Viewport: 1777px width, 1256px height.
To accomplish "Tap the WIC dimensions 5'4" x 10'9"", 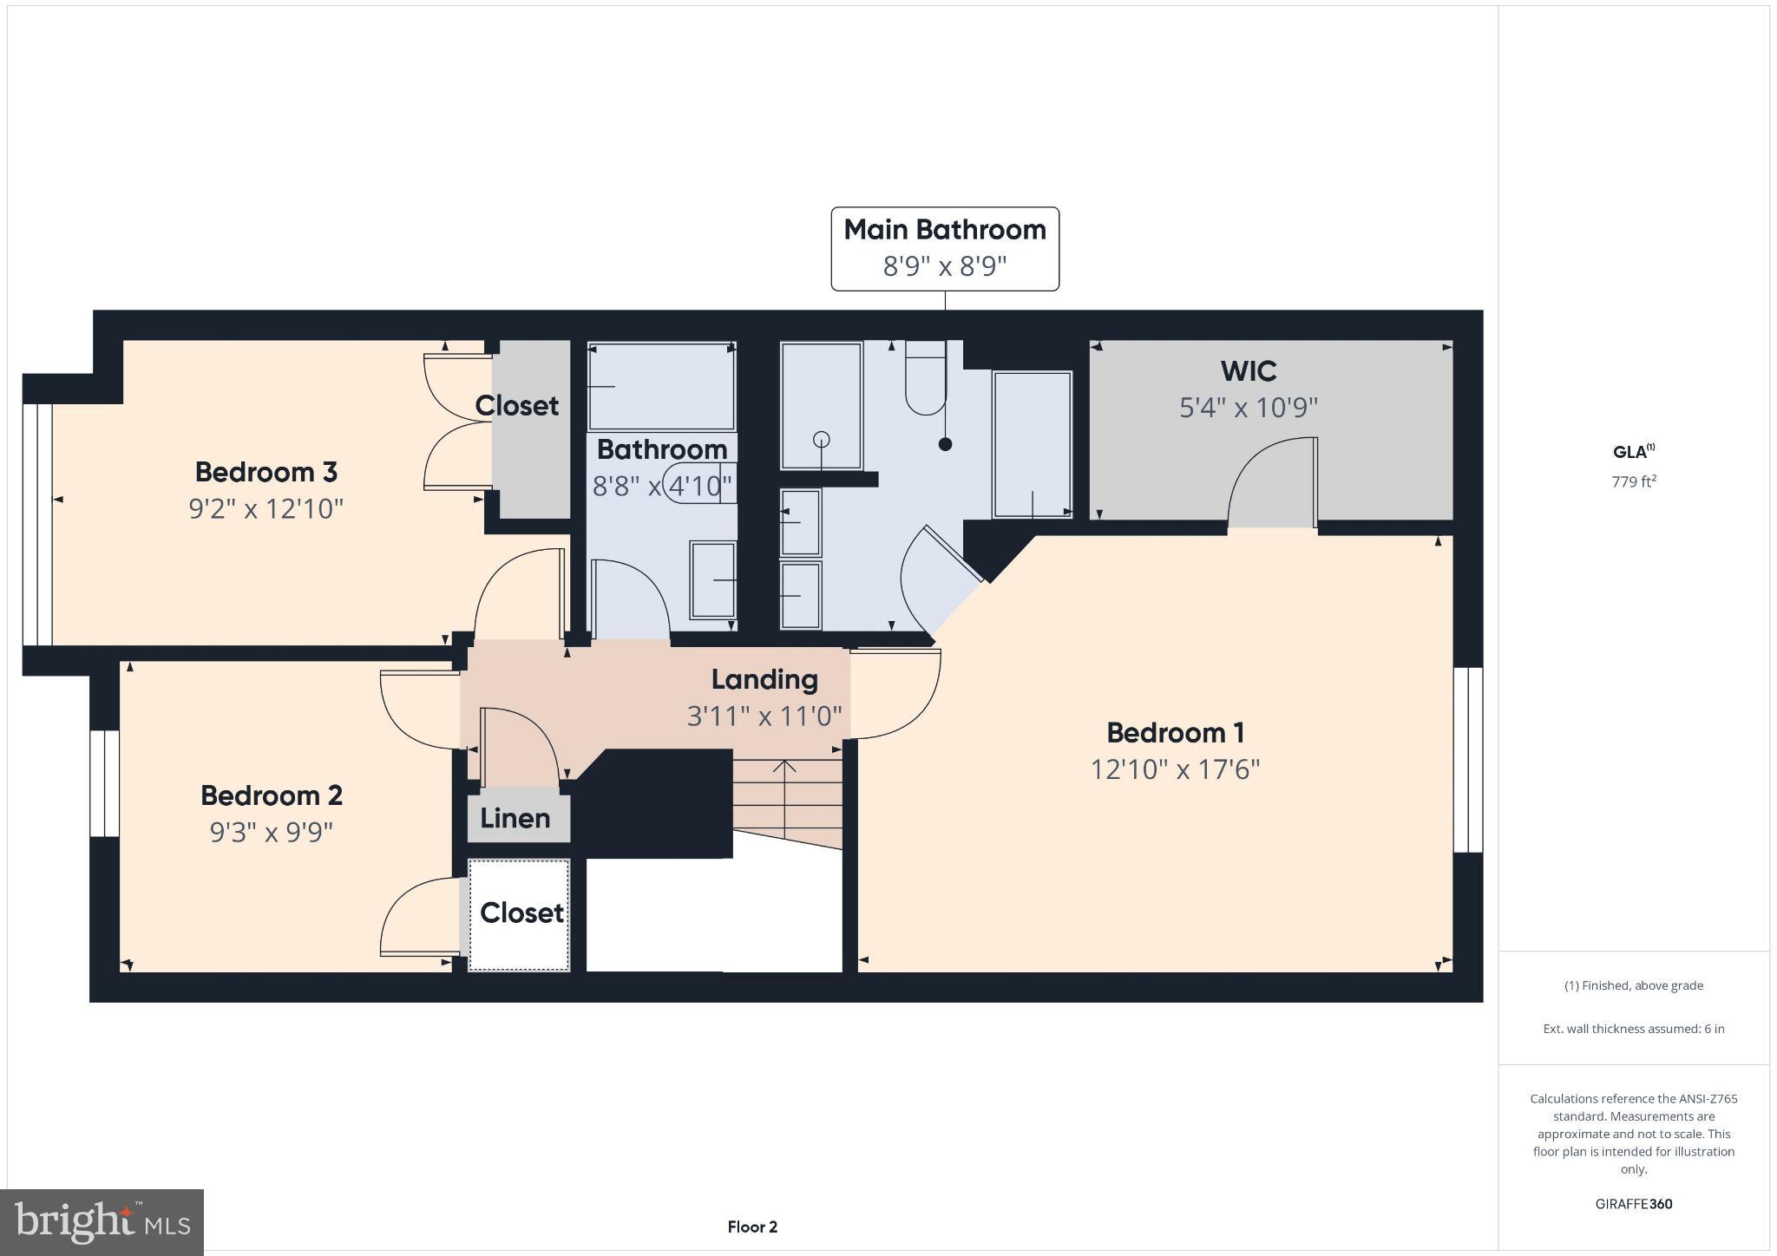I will [1248, 407].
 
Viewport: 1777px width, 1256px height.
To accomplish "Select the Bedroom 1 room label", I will [1175, 733].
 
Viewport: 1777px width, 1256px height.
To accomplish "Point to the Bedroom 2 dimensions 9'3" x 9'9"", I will [272, 832].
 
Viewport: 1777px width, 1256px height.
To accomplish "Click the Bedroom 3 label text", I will [266, 472].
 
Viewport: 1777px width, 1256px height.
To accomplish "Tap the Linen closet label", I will [515, 818].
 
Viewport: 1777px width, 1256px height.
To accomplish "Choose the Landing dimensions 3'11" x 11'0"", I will [764, 716].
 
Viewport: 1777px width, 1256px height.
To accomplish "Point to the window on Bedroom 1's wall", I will [1468, 759].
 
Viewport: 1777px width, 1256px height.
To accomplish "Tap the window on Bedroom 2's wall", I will [104, 783].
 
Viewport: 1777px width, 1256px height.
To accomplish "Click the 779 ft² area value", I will [1634, 481].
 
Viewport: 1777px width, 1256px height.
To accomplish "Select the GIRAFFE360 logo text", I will [1634, 1204].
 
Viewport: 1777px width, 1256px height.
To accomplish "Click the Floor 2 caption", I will [752, 1227].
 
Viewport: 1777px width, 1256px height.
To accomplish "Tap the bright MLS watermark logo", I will [102, 1222].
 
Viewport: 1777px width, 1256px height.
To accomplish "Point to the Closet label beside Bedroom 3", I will [517, 406].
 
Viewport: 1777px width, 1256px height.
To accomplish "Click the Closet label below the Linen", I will [521, 913].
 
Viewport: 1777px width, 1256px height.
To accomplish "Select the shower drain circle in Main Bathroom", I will [821, 439].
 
